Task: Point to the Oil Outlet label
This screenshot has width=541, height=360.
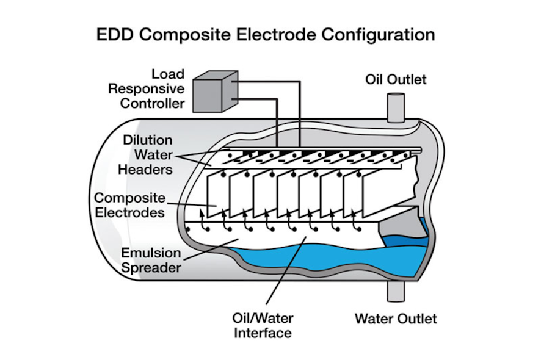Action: [x=396, y=80]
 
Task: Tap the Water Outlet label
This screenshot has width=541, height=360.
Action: [x=396, y=319]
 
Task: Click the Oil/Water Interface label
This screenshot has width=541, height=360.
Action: [x=262, y=325]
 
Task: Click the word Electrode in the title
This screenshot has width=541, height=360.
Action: [x=276, y=34]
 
